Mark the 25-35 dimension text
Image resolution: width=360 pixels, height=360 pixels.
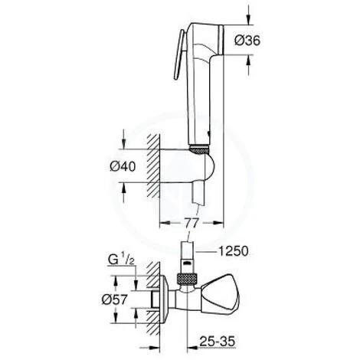point(233,335)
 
